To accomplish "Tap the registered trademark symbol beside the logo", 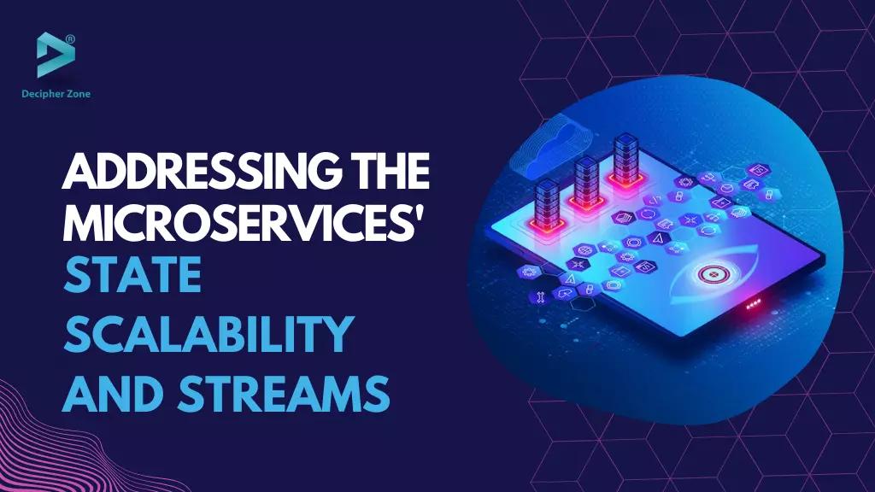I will (x=70, y=38).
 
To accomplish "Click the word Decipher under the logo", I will (x=42, y=93).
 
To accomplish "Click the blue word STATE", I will (x=132, y=278).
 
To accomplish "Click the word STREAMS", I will (x=283, y=394).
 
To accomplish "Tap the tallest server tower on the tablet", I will (x=625, y=158).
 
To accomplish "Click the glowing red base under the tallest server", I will (x=625, y=181).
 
